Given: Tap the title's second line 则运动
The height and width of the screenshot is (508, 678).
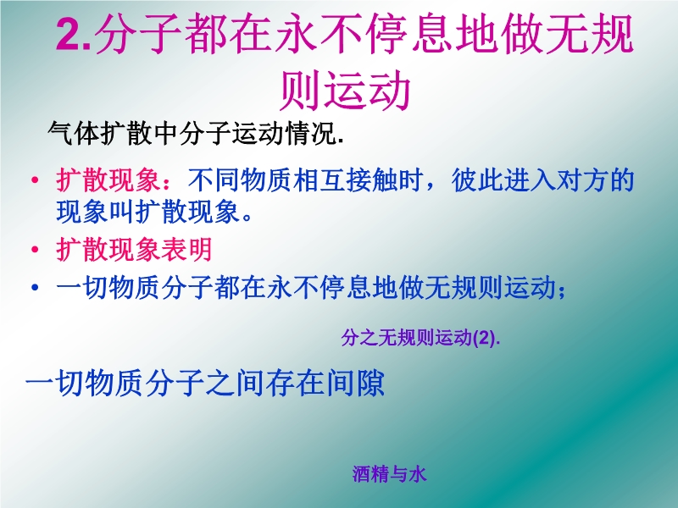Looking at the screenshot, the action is pos(345,91).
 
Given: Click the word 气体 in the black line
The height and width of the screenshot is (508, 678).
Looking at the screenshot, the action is pos(74,133).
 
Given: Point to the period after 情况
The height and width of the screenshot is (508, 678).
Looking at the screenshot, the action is pos(341,140).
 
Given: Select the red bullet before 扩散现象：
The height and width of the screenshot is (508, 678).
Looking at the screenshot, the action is pos(35,179).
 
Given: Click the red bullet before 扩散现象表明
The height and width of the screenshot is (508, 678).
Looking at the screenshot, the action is pos(35,249).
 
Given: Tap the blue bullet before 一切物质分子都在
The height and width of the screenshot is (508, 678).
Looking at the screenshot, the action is pos(35,287).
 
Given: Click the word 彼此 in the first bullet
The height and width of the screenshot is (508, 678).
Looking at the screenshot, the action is pos(477,179).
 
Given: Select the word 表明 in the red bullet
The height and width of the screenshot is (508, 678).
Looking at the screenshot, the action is pos(186,249).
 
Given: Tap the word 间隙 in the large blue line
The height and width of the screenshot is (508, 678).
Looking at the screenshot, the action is pos(355,383).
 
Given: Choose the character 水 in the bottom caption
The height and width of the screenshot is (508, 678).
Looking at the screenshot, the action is pos(418,474).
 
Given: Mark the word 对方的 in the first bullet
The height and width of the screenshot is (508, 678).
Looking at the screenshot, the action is pos(596,179).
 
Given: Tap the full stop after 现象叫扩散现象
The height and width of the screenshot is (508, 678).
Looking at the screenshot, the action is pos(247,217).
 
